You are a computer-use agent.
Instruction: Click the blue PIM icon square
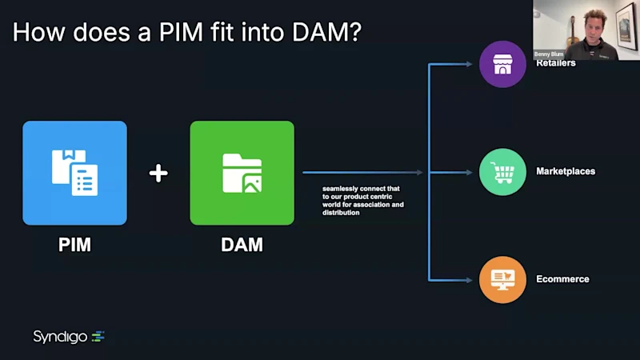click(74, 173)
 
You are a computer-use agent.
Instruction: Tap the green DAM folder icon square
click(242, 173)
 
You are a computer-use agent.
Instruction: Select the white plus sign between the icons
click(158, 173)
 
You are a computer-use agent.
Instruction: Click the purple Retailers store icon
click(502, 64)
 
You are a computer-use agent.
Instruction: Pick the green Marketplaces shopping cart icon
click(502, 172)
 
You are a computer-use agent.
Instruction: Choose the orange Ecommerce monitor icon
click(502, 279)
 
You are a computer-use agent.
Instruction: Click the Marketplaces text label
click(566, 171)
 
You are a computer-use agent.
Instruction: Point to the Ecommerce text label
click(562, 279)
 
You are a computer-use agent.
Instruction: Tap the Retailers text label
click(556, 63)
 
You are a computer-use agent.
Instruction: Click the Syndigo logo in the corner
click(69, 337)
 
